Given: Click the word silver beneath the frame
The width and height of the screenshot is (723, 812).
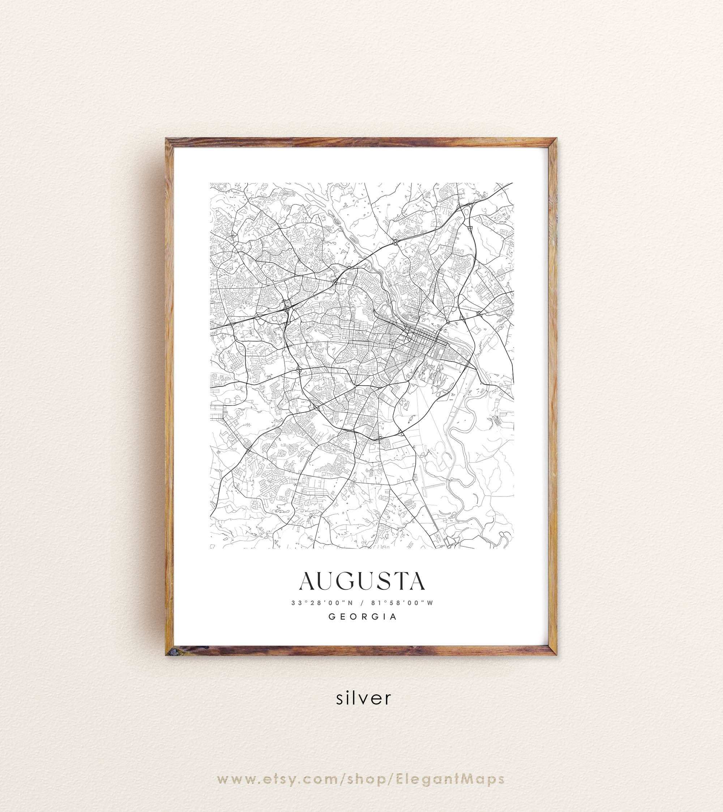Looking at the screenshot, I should coord(363,698).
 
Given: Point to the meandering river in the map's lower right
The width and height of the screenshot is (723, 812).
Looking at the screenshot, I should coord(457,469).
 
